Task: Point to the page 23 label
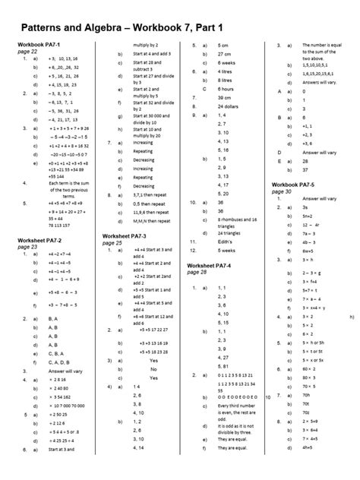27,247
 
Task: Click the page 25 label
112,243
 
